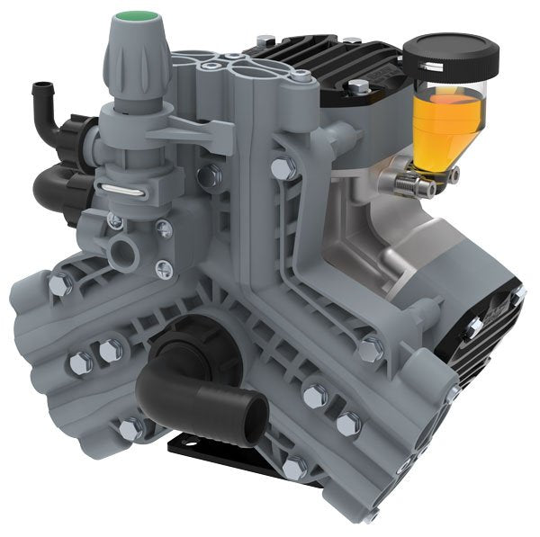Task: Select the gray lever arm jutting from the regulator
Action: (x=193, y=133)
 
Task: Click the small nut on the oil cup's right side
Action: (x=453, y=174)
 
